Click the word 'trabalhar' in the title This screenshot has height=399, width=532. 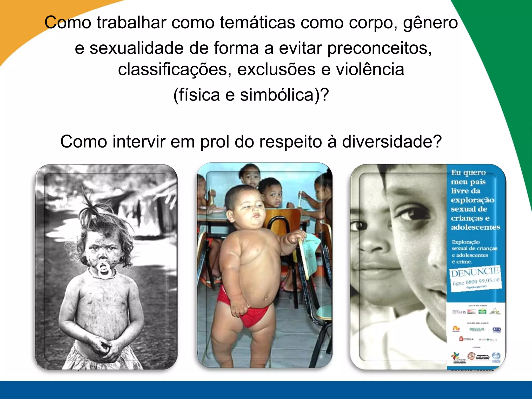[131, 22]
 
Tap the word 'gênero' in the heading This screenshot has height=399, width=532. [430, 23]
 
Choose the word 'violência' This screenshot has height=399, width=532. [370, 70]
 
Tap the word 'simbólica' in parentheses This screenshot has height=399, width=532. [277, 95]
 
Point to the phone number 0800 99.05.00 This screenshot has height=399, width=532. [482, 281]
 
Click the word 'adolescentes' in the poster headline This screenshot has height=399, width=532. [475, 227]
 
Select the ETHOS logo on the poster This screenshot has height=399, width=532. [459, 312]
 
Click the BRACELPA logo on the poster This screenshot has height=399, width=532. [477, 329]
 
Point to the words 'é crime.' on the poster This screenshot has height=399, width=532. [462, 262]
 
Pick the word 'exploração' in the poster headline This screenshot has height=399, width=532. [473, 200]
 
